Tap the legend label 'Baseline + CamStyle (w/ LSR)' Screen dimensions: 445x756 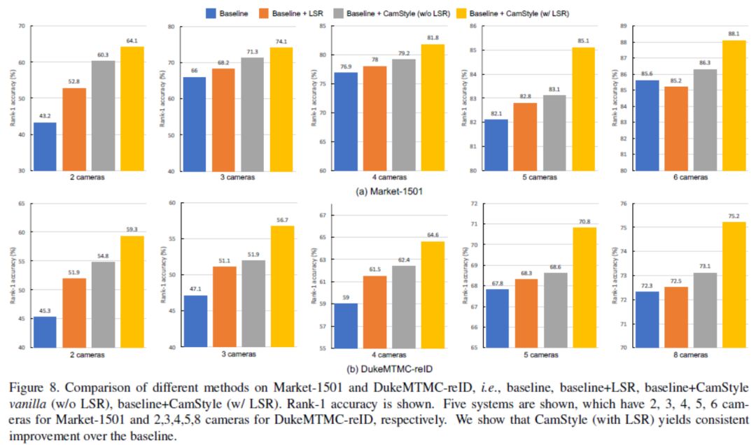[529, 12]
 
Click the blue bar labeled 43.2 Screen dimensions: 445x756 [45, 146]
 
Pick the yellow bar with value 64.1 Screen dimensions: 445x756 [132, 108]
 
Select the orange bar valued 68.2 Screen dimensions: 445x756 [223, 120]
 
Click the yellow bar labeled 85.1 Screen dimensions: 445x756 [582, 109]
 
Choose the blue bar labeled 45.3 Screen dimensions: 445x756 [45, 332]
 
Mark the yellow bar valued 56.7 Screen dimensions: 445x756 [282, 286]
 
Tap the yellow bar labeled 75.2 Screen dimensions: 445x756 [733, 284]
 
